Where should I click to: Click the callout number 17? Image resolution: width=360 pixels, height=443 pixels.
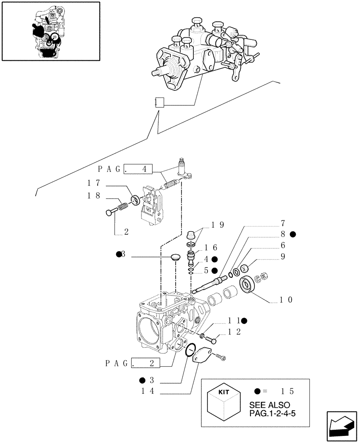coord(94,182)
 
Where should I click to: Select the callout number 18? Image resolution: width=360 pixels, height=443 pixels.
coord(94,195)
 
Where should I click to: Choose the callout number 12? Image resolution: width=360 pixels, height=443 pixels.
coord(235,332)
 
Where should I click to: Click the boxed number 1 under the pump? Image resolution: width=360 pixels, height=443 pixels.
coord(159,103)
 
